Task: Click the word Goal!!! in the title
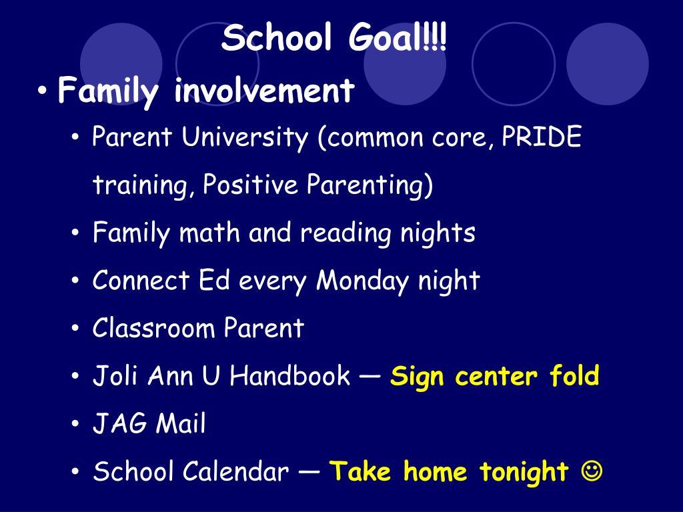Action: pos(398,37)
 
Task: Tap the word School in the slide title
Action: pos(277,37)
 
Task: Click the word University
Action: pos(245,137)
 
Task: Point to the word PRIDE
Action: pos(542,136)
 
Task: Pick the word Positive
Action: pos(250,184)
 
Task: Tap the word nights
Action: pos(438,234)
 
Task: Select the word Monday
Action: pos(362,281)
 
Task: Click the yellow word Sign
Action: pos(415,377)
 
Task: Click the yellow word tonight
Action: pos(524,472)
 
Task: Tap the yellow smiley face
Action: pos(592,471)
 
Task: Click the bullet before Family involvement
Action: pos(42,91)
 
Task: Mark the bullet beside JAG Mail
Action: pos(75,423)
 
